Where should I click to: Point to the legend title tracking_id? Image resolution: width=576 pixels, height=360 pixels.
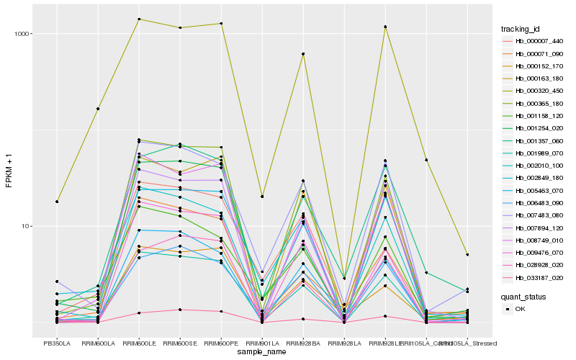(x=521, y=29)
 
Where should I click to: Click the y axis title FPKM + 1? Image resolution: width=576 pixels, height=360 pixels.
(x=9, y=171)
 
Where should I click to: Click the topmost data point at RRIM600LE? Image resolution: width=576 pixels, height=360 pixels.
(x=139, y=19)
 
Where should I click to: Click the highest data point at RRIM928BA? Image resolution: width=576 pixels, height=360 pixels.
(x=303, y=54)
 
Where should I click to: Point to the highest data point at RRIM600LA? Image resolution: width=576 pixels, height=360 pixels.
(x=98, y=109)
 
